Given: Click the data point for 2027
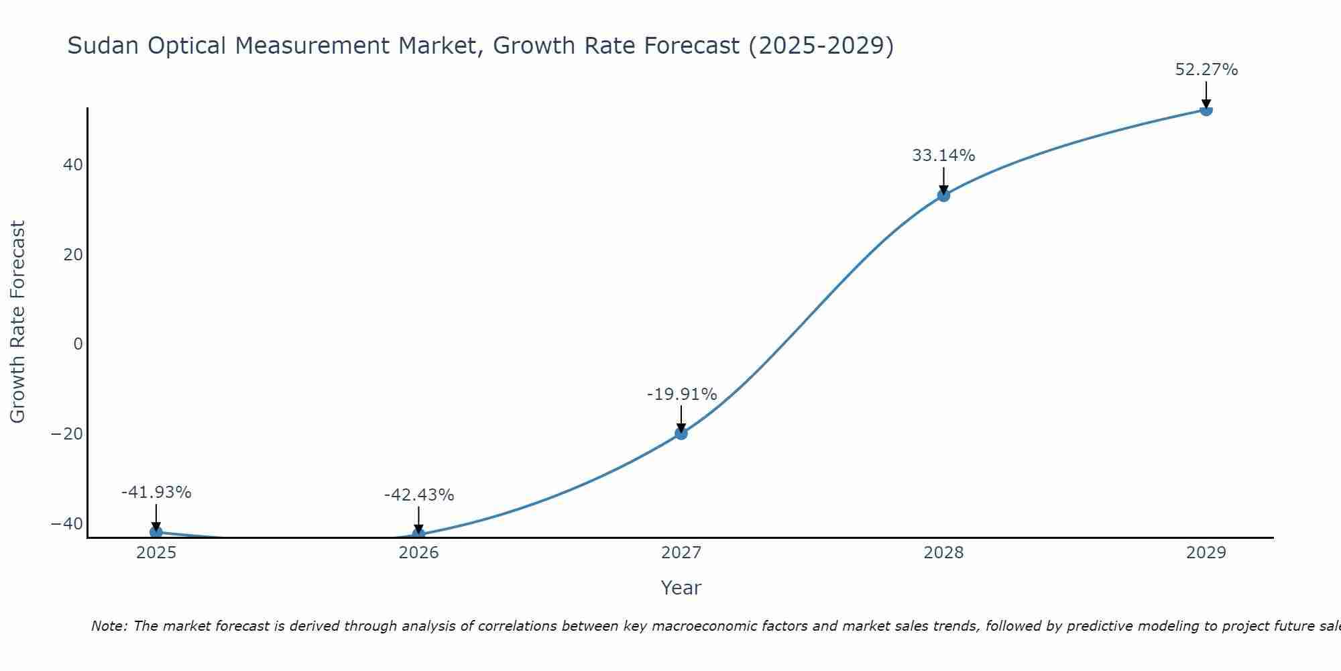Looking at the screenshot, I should point(681,433).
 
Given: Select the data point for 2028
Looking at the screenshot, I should point(943,195).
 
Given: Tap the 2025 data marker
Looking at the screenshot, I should point(156,531).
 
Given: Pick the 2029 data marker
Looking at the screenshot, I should point(1206,110).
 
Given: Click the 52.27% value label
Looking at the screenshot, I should point(1206,70).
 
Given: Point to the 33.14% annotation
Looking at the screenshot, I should point(943,156).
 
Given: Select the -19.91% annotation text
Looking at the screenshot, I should point(681,395).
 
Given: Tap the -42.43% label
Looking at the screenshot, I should point(419,495).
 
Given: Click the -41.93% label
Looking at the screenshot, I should point(156,493).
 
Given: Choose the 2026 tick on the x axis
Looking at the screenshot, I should point(418,553).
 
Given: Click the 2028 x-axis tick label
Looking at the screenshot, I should point(943,553).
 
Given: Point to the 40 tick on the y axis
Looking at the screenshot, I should point(72,165).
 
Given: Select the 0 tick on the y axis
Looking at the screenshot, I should point(78,344).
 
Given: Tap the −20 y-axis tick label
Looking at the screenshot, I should point(67,434).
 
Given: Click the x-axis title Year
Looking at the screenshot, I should point(681,588).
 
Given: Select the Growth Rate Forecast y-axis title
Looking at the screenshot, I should point(18,321).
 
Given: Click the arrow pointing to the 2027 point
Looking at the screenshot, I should point(681,419).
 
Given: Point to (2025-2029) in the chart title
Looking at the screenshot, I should point(821,46).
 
